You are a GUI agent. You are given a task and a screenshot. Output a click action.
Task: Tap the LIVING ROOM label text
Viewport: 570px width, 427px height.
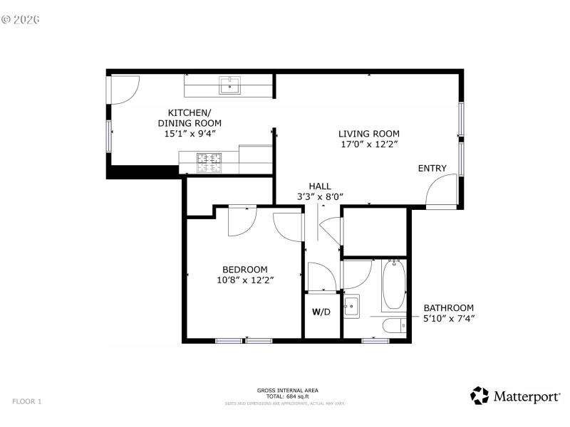click(x=368, y=133)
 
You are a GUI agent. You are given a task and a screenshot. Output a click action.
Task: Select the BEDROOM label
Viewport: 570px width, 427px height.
click(x=245, y=269)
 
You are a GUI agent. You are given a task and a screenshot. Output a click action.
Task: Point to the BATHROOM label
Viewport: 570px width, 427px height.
click(x=448, y=307)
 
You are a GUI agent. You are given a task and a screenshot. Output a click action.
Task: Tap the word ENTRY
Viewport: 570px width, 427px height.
click(x=432, y=169)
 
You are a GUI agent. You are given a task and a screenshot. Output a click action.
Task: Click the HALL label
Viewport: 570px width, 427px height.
click(x=320, y=186)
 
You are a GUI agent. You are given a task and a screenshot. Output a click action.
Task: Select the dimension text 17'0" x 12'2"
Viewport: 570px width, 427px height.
click(x=368, y=144)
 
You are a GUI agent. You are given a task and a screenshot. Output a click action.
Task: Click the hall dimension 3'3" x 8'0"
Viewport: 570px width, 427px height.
click(x=320, y=196)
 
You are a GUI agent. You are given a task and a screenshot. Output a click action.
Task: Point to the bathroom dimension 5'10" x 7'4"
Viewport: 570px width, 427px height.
click(x=448, y=318)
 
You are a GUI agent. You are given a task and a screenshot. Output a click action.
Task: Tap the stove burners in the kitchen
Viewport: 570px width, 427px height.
click(x=209, y=163)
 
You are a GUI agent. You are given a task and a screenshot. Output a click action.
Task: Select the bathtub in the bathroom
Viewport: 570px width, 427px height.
click(x=393, y=286)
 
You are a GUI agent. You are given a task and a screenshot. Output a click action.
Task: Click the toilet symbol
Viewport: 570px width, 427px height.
click(x=394, y=326)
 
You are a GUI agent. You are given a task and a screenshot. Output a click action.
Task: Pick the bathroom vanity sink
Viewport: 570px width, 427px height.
click(x=351, y=308)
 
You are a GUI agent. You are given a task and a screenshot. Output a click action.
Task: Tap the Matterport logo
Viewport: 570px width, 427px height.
click(x=514, y=396)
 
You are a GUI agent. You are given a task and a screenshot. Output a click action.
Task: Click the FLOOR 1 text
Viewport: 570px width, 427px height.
click(x=26, y=401)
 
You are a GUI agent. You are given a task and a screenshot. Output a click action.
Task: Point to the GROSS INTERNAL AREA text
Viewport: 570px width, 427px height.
click(x=287, y=390)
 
